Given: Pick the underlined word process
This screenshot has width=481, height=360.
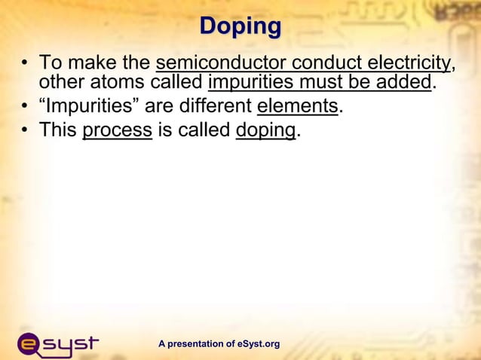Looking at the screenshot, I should point(117,130).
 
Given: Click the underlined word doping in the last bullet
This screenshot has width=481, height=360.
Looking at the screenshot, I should point(265,130).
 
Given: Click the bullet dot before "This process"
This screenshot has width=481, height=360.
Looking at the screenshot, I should point(26,130).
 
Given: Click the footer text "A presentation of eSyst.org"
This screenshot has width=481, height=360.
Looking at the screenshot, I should point(219,344).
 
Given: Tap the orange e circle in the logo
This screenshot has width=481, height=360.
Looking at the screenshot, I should point(31,345).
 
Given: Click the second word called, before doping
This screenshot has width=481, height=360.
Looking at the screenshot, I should point(195,130).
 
